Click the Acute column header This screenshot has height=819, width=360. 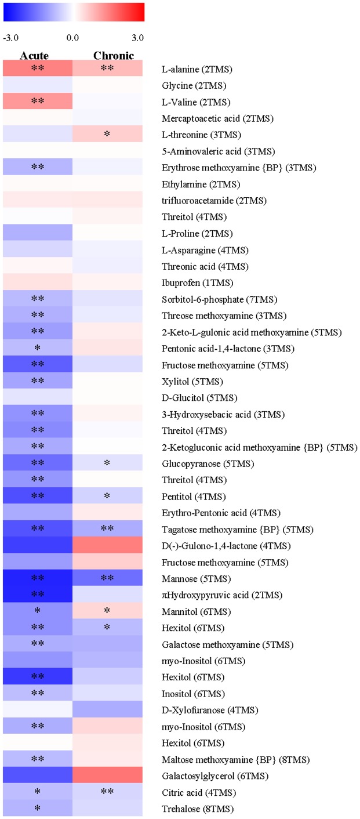click(x=34, y=56)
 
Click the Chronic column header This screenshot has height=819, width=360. click(x=114, y=56)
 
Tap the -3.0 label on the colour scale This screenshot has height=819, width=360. click(x=12, y=38)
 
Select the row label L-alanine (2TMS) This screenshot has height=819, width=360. click(x=197, y=70)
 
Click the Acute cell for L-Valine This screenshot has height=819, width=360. click(x=38, y=102)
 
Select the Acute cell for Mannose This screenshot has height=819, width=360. click(x=38, y=578)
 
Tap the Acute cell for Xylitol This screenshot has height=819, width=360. click(x=38, y=382)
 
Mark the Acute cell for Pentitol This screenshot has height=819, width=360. click(x=38, y=497)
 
